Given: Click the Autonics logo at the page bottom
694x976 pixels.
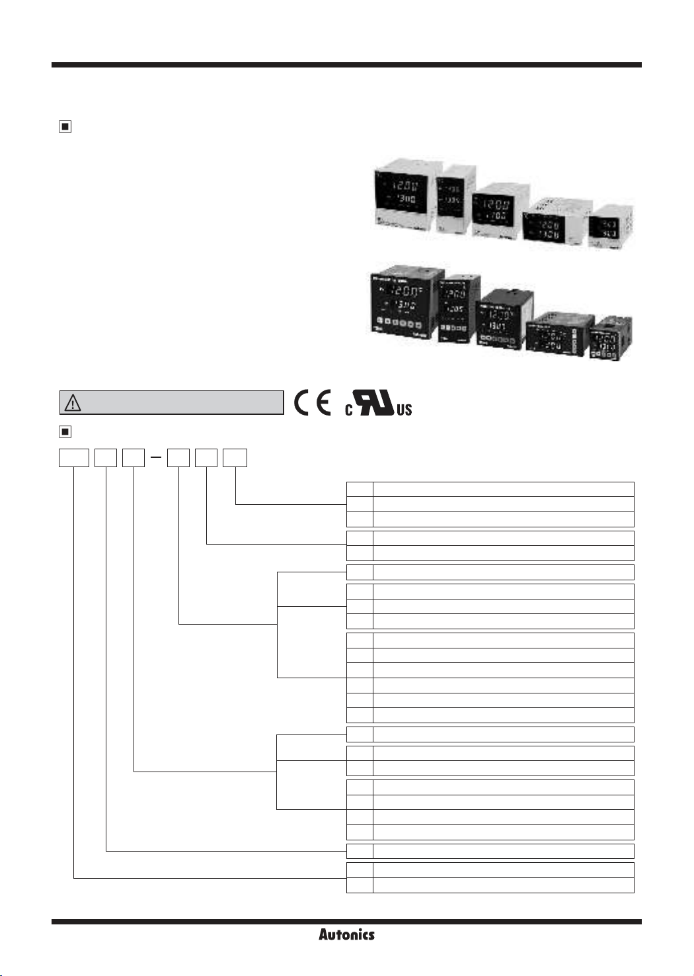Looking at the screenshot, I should pos(346,934).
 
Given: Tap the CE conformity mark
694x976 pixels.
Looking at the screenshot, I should pos(313,402).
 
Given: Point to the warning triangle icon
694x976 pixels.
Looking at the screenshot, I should pos(72,402).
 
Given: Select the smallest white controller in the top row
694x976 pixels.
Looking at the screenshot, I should pos(612,228).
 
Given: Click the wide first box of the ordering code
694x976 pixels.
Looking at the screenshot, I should pos(74,458).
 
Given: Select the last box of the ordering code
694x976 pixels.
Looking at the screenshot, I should pos(235,458).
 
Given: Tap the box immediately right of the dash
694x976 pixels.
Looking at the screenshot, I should pos(178,458).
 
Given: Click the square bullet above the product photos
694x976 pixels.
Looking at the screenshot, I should pos(65,126).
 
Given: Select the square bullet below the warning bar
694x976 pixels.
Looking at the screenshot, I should pos(65,432).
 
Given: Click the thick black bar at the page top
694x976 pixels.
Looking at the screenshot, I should pos(346,65).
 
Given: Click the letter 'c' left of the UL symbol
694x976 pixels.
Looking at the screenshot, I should pos(349,410).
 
